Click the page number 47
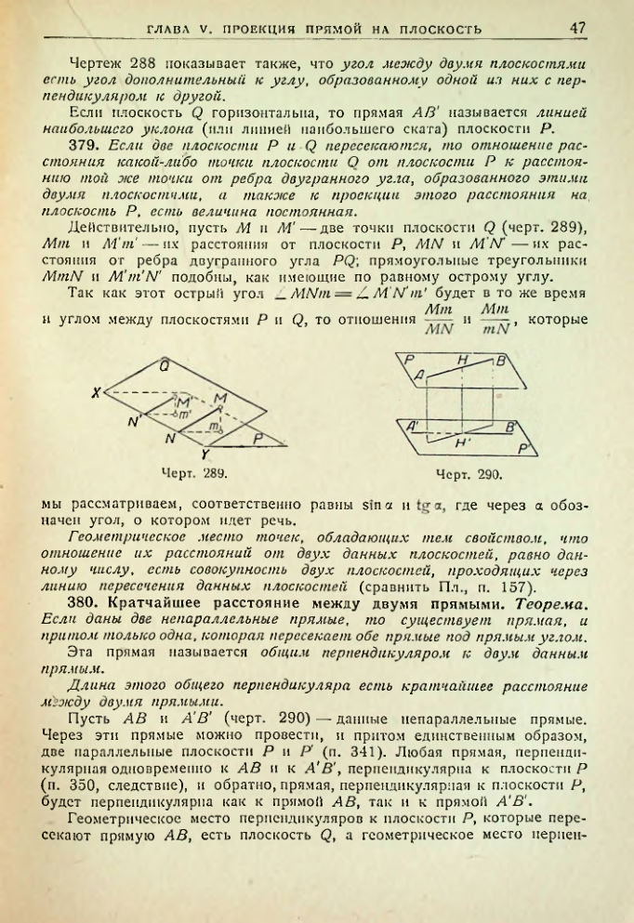577,28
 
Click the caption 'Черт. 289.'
194,473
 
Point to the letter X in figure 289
95,393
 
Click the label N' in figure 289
136,421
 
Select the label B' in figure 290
509,428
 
